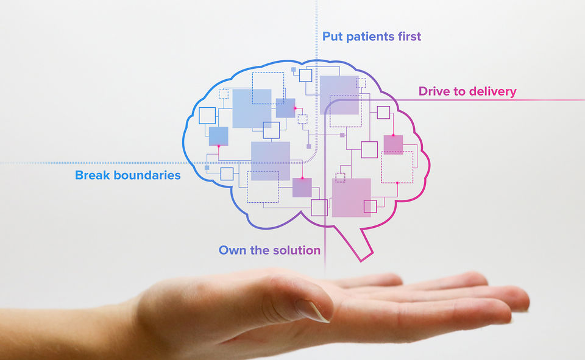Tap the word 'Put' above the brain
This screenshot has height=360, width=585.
(333, 37)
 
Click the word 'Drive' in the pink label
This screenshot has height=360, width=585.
(436, 92)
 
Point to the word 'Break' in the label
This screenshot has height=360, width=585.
(94, 175)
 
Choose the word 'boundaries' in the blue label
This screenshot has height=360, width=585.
(149, 175)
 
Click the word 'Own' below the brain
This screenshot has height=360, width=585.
(231, 250)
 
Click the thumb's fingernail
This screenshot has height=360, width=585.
(312, 310)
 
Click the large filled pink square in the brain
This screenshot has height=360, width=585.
(352, 197)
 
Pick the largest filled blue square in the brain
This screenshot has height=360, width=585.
(252, 108)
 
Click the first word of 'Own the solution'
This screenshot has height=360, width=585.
(231, 250)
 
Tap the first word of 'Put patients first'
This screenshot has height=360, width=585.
(333, 37)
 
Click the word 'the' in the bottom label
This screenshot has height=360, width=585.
(258, 250)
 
